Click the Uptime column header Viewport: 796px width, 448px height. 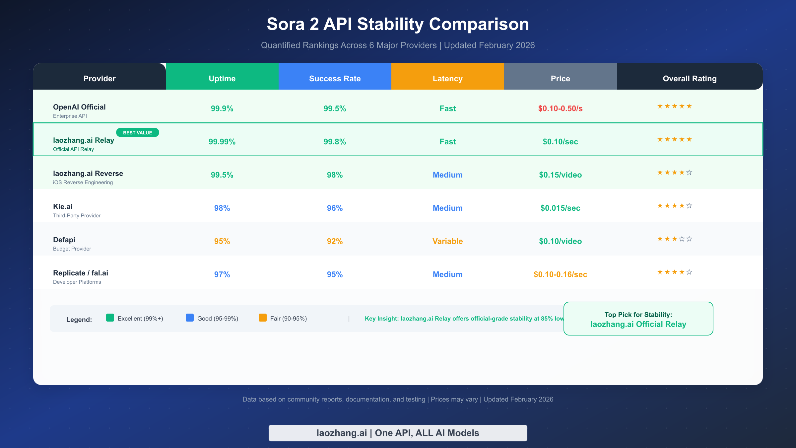tap(222, 79)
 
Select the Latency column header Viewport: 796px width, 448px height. tap(447, 79)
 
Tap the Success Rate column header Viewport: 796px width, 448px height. tap(335, 79)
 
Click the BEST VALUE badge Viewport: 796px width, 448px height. tap(137, 133)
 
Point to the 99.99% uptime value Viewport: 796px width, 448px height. tap(222, 142)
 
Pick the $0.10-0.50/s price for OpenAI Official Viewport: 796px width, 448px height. tap(560, 109)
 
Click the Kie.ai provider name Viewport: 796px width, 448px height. tap(63, 206)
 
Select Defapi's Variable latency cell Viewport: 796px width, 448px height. tap(447, 241)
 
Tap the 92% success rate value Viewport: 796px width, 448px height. tap(335, 241)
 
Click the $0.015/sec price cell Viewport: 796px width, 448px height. tap(560, 208)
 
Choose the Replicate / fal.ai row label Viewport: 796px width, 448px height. tap(81, 273)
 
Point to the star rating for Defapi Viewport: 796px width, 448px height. tap(675, 239)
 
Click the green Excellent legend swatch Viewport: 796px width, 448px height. tap(110, 318)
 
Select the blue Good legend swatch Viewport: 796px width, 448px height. tap(190, 318)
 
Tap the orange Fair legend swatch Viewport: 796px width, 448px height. tap(263, 318)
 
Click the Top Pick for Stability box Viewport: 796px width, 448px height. tap(638, 319)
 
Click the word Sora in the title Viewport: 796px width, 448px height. tap(285, 24)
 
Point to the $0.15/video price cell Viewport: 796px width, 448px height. tap(560, 175)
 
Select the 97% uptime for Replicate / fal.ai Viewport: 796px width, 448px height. tap(222, 274)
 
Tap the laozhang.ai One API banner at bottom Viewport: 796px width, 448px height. tap(398, 433)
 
